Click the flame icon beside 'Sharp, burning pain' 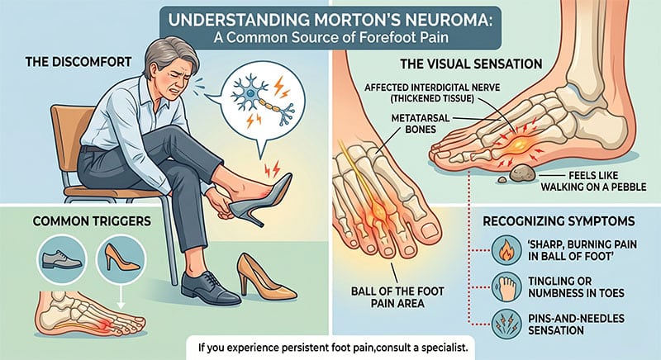pos(506,249)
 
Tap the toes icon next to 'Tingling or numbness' pos(506,287)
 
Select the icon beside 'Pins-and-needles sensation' pos(506,324)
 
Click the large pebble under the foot pos(523,173)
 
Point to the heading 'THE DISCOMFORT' pos(78,62)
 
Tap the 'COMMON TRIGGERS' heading pos(92,221)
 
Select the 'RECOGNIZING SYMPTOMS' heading pos(559,221)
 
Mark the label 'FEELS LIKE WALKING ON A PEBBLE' pos(593,181)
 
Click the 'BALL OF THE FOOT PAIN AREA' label pos(397,297)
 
